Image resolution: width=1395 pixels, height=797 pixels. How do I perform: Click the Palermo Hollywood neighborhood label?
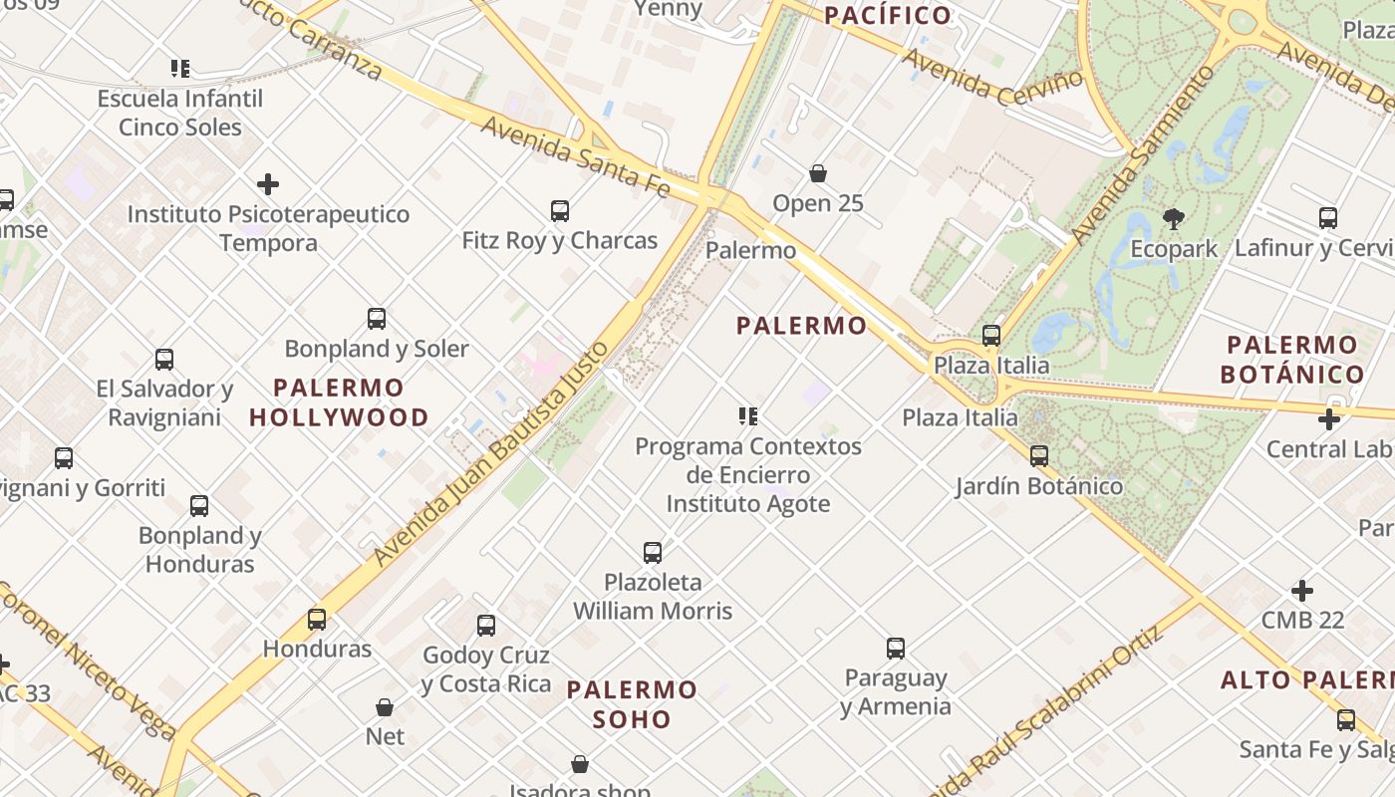pos(339,402)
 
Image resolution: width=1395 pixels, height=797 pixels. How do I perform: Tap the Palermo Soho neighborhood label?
pos(632,704)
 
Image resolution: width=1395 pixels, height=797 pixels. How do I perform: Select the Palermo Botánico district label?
pos(1293,360)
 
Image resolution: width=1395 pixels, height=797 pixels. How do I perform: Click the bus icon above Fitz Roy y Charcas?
pos(560,211)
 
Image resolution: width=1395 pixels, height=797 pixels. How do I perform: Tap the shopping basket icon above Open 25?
pos(818,174)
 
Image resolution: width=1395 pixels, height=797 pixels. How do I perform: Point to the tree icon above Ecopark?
pos(1173,219)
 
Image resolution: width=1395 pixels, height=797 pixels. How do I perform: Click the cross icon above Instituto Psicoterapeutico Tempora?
pos(268,184)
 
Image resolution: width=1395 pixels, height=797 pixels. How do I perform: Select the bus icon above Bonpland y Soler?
pos(377,319)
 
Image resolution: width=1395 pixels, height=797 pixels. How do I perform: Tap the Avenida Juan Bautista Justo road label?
pos(490,454)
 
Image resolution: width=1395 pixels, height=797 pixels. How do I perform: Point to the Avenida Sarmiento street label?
pos(1145,154)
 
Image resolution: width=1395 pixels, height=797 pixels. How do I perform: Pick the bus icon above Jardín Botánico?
pos(1039,456)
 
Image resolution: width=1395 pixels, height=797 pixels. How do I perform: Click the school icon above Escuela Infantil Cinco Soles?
pos(180,69)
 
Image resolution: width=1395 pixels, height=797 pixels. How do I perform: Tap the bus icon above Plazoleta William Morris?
pos(653,552)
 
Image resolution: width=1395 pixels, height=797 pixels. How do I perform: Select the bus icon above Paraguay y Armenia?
pos(896,649)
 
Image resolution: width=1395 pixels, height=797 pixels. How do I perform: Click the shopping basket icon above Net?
pos(385,707)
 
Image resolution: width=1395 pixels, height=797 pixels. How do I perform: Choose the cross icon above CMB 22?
pos(1302,591)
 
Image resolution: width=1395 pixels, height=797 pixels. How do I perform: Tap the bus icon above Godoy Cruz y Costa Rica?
pos(486,626)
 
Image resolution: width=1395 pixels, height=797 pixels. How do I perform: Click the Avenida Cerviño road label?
pos(992,75)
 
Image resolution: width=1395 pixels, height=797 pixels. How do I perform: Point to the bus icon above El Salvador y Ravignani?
pos(164,360)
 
